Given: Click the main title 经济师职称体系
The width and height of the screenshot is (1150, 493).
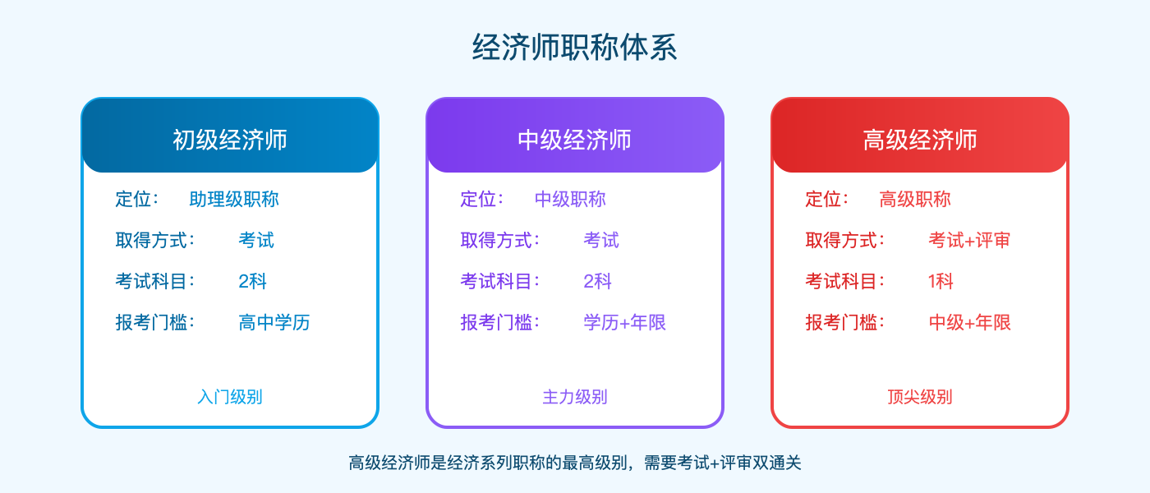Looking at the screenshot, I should coord(575,48).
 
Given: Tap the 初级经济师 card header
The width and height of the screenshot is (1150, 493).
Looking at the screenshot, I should coord(230,140).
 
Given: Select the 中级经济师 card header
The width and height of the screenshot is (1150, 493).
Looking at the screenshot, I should coord(575,140).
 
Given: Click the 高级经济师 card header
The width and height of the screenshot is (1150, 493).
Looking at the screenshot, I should coord(920,140).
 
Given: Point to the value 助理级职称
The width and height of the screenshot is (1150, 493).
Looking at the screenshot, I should coord(234,199).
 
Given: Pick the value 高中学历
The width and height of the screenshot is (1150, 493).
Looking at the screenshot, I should coord(274,322).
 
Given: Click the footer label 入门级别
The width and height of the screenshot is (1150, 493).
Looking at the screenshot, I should coord(230,397).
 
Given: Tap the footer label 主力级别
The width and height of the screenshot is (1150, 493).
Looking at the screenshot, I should coord(575,397).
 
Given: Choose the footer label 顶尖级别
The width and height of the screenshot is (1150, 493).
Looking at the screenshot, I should coord(920,397).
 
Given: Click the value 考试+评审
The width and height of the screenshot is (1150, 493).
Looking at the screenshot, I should coord(969,240).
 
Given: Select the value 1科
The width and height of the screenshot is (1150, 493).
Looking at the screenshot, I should coord(941,281).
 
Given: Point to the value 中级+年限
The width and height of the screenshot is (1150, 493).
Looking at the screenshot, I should coord(969,322).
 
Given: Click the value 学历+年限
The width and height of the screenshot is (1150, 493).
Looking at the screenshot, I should coord(624,322).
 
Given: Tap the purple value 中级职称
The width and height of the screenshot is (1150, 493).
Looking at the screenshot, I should coord(570,199).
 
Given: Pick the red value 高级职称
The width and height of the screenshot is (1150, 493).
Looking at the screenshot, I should coord(915,199).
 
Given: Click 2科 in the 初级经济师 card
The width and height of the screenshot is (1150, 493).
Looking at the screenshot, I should coord(253,281).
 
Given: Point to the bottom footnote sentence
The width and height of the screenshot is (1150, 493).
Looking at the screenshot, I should coord(575,463).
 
